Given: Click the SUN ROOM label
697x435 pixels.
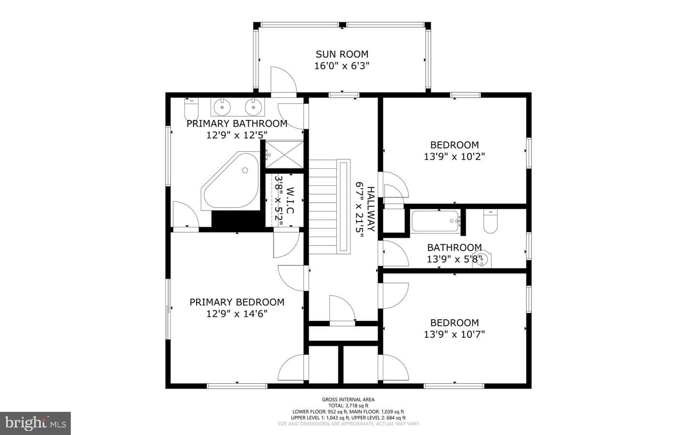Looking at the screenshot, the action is click(x=342, y=54).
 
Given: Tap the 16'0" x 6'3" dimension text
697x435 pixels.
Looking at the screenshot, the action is click(x=342, y=66).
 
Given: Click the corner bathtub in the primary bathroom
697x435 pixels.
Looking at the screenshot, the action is click(x=230, y=181).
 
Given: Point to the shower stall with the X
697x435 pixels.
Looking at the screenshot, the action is click(x=284, y=155).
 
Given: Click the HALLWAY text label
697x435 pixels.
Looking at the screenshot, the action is click(x=371, y=209).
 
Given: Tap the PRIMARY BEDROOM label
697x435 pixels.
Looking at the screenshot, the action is click(x=237, y=302).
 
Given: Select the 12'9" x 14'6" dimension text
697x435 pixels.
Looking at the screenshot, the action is click(x=237, y=314).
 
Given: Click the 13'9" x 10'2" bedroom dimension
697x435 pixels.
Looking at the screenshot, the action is click(x=455, y=156).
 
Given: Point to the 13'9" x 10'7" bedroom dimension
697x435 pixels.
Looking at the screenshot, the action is click(x=455, y=334).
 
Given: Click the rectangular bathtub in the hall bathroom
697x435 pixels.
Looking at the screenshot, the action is click(x=435, y=221).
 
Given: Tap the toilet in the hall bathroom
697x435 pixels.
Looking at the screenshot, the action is click(x=491, y=221).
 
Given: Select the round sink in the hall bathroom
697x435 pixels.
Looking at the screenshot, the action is click(x=482, y=259).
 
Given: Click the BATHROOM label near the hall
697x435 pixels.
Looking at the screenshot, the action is click(x=455, y=248).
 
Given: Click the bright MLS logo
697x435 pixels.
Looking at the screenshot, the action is click(x=35, y=423).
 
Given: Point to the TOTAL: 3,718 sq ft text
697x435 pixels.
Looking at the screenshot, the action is click(x=348, y=405).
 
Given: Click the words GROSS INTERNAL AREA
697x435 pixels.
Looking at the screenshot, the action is click(x=348, y=400).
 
